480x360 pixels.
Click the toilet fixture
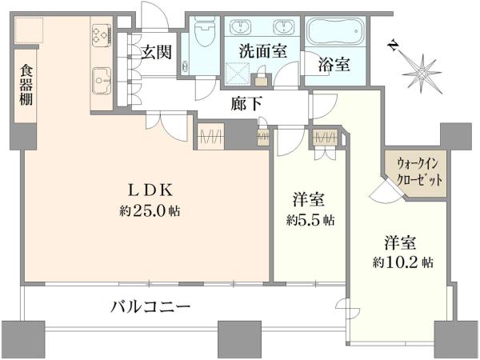point(206,31)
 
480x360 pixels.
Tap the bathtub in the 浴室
point(336,31)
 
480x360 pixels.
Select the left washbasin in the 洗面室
point(240,26)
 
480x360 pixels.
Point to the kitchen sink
point(102,81)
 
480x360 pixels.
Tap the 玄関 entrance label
point(157,52)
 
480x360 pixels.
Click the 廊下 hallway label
point(246,104)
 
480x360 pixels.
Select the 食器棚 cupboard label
point(26,85)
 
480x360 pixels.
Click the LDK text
point(150,190)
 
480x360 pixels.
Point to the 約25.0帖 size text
point(150,210)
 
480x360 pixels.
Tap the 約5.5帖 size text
point(310,220)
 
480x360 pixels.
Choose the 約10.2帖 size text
point(403,262)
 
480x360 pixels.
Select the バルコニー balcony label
point(150,306)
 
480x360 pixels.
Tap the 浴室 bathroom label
point(334,64)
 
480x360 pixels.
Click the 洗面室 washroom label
point(263,51)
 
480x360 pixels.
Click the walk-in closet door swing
point(386,192)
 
